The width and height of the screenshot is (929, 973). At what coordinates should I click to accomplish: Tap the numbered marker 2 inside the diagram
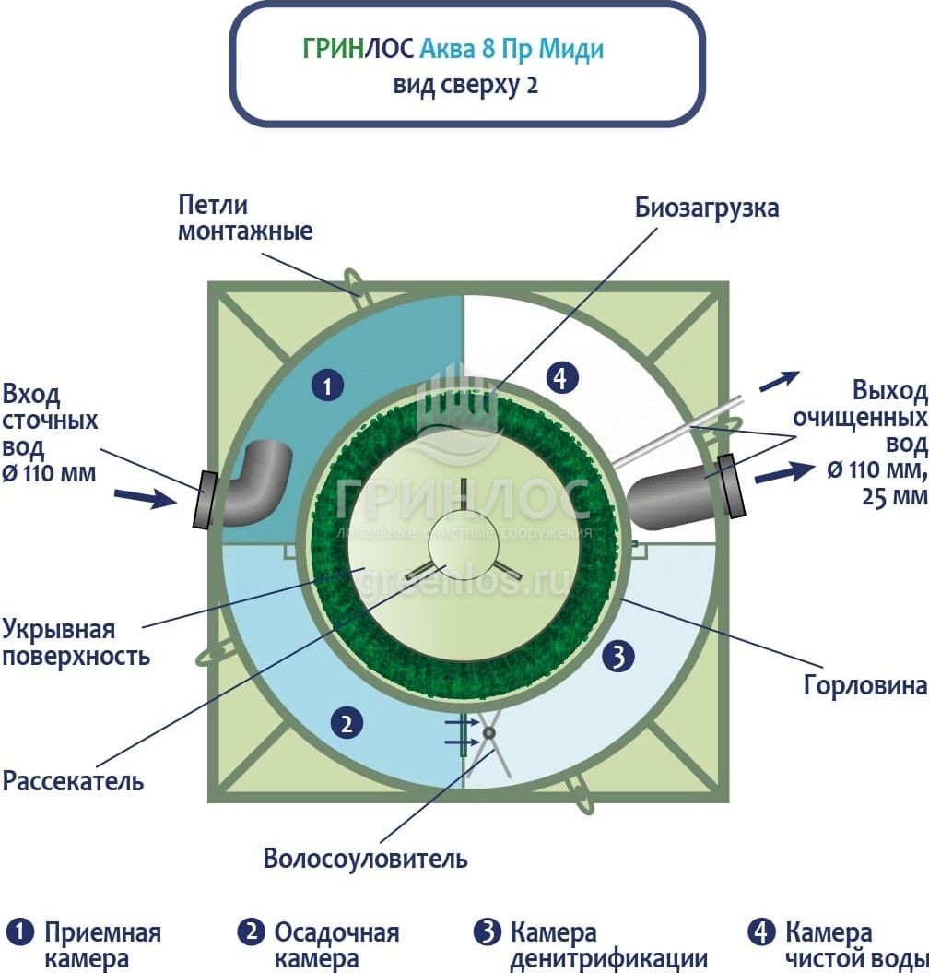pos(347,723)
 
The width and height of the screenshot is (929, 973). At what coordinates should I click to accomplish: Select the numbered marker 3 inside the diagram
pos(619,657)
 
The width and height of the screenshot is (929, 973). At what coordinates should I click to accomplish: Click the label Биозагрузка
pos(707,208)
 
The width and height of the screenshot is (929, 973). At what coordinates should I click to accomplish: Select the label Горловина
pos(864,686)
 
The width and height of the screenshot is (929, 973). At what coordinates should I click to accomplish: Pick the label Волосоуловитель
pos(365,860)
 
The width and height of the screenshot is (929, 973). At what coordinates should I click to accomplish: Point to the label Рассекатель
pos(74,781)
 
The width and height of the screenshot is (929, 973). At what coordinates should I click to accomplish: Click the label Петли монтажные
pos(245,218)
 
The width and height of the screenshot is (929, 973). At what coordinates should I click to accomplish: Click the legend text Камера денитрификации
pos(608,945)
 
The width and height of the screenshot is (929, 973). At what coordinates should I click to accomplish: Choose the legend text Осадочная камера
pos(336,945)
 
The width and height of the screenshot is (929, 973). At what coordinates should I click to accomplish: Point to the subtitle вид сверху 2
pos(465,86)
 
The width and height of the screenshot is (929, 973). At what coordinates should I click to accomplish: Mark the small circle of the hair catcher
pos(488,733)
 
